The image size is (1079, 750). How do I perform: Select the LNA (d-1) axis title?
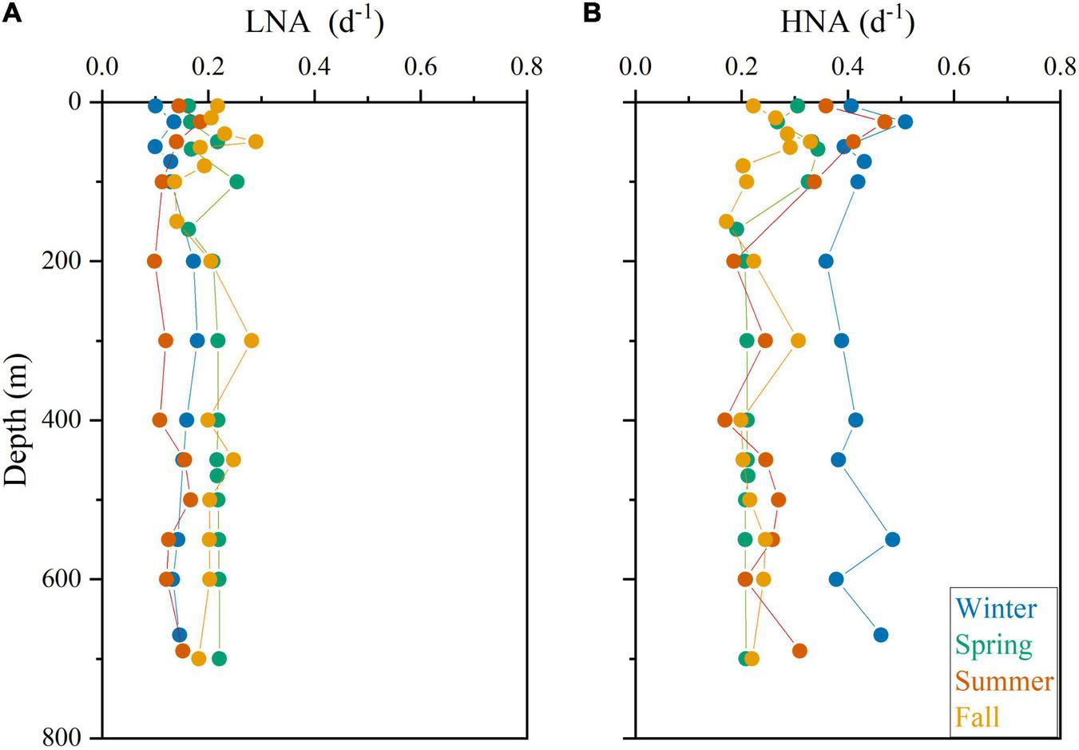[x=314, y=24]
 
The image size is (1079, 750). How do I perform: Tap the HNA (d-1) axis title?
[x=847, y=24]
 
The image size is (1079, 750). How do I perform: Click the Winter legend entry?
[x=996, y=609]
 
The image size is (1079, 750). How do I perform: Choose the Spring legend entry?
[x=994, y=645]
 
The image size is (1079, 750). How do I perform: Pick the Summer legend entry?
[x=1004, y=681]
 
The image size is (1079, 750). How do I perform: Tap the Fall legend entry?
[x=977, y=716]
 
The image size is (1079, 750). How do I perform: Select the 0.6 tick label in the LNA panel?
[x=420, y=66]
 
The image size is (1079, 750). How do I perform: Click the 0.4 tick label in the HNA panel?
[x=847, y=66]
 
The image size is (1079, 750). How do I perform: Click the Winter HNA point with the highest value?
[x=905, y=121]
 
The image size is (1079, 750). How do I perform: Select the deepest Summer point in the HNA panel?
[x=799, y=651]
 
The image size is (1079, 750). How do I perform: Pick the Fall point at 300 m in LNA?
[x=252, y=340]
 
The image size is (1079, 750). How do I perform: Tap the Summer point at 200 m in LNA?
[x=154, y=261]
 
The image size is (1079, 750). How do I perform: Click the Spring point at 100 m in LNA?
[x=236, y=181]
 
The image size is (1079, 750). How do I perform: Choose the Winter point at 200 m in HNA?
[x=826, y=261]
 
